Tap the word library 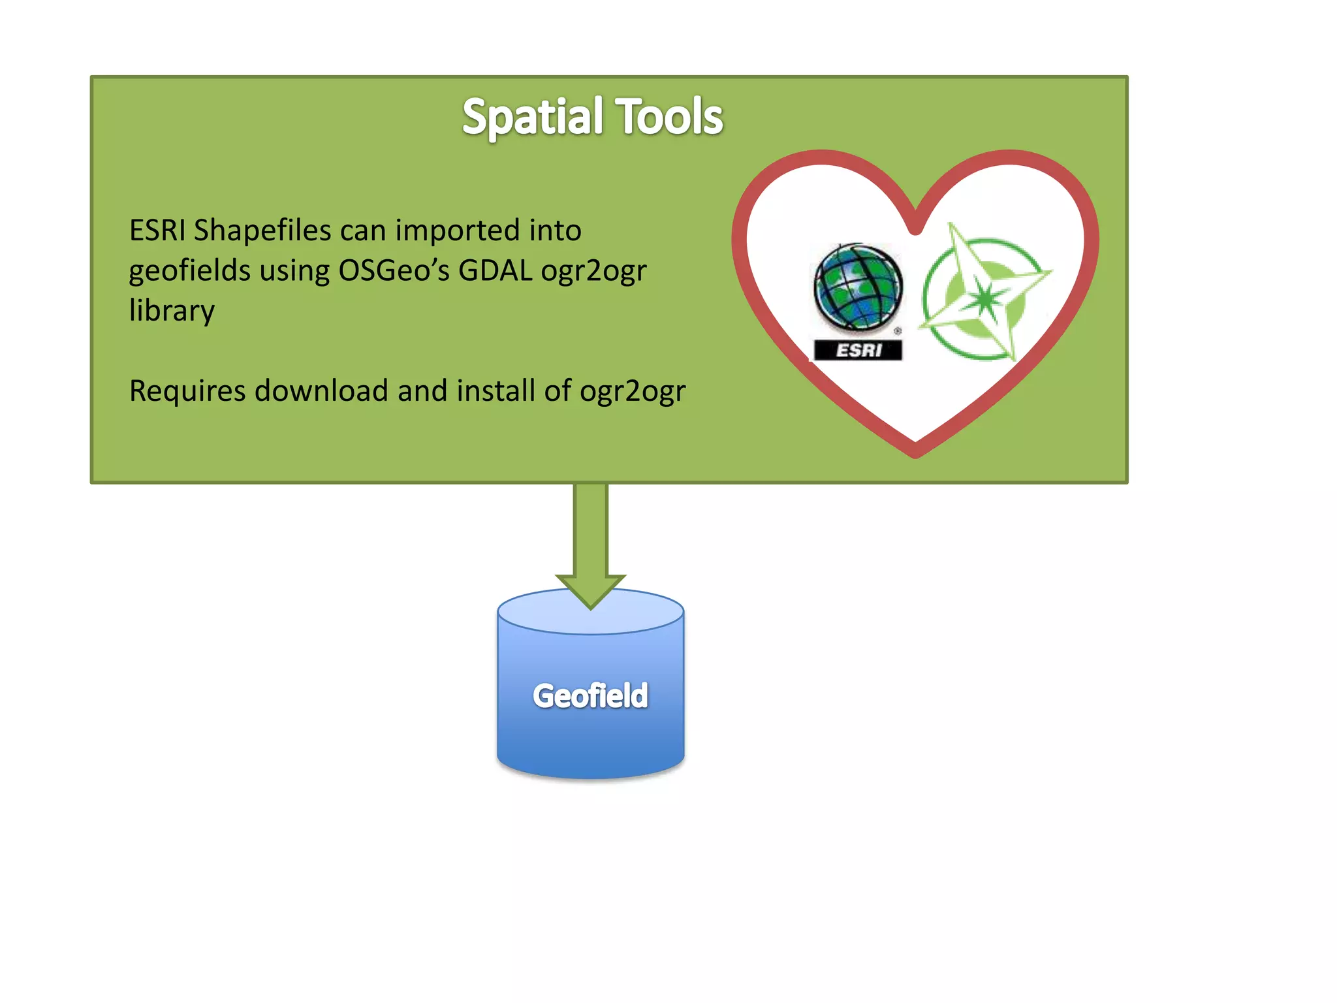tap(172, 311)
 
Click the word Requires tap(187, 391)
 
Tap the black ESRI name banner tap(858, 351)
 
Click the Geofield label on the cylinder tap(590, 695)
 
